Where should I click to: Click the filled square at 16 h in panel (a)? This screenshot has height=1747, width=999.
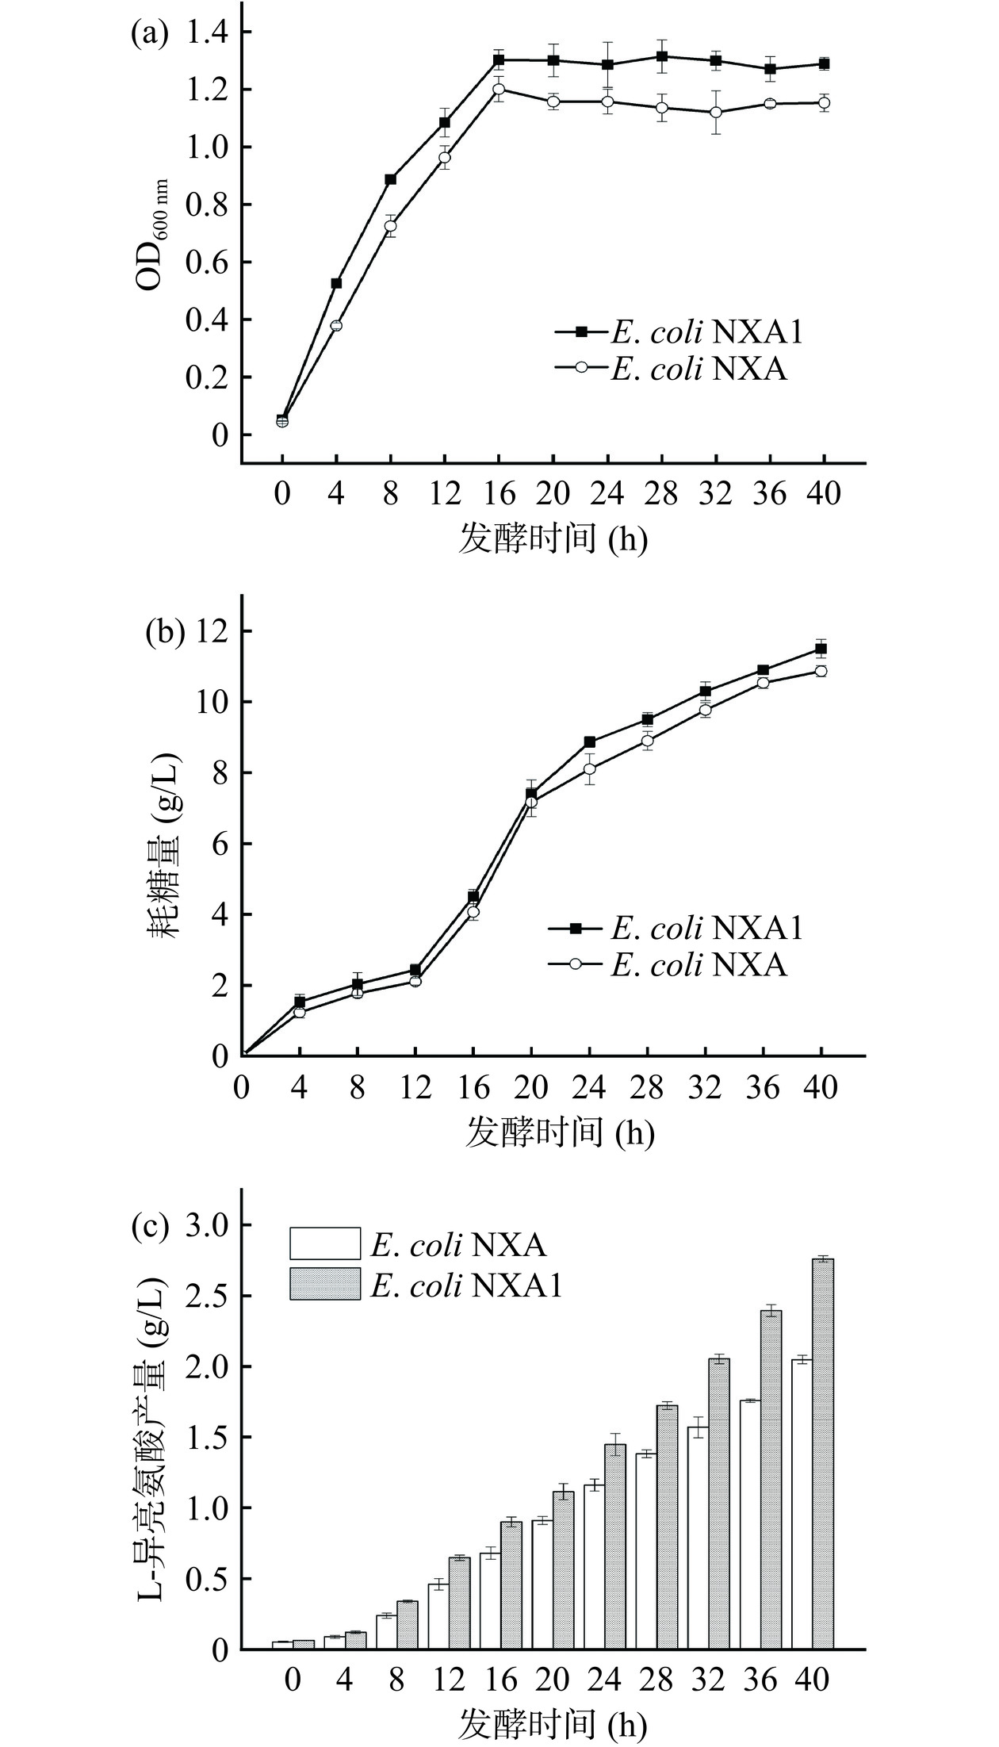click(499, 59)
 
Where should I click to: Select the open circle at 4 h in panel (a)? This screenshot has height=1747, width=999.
click(336, 325)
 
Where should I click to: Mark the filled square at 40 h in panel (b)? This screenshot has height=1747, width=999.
click(821, 649)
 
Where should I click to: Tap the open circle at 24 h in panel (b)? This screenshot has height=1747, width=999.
click(589, 768)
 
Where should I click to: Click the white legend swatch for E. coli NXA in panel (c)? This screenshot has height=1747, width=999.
click(324, 1244)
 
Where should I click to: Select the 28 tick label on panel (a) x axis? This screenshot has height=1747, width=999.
click(661, 495)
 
